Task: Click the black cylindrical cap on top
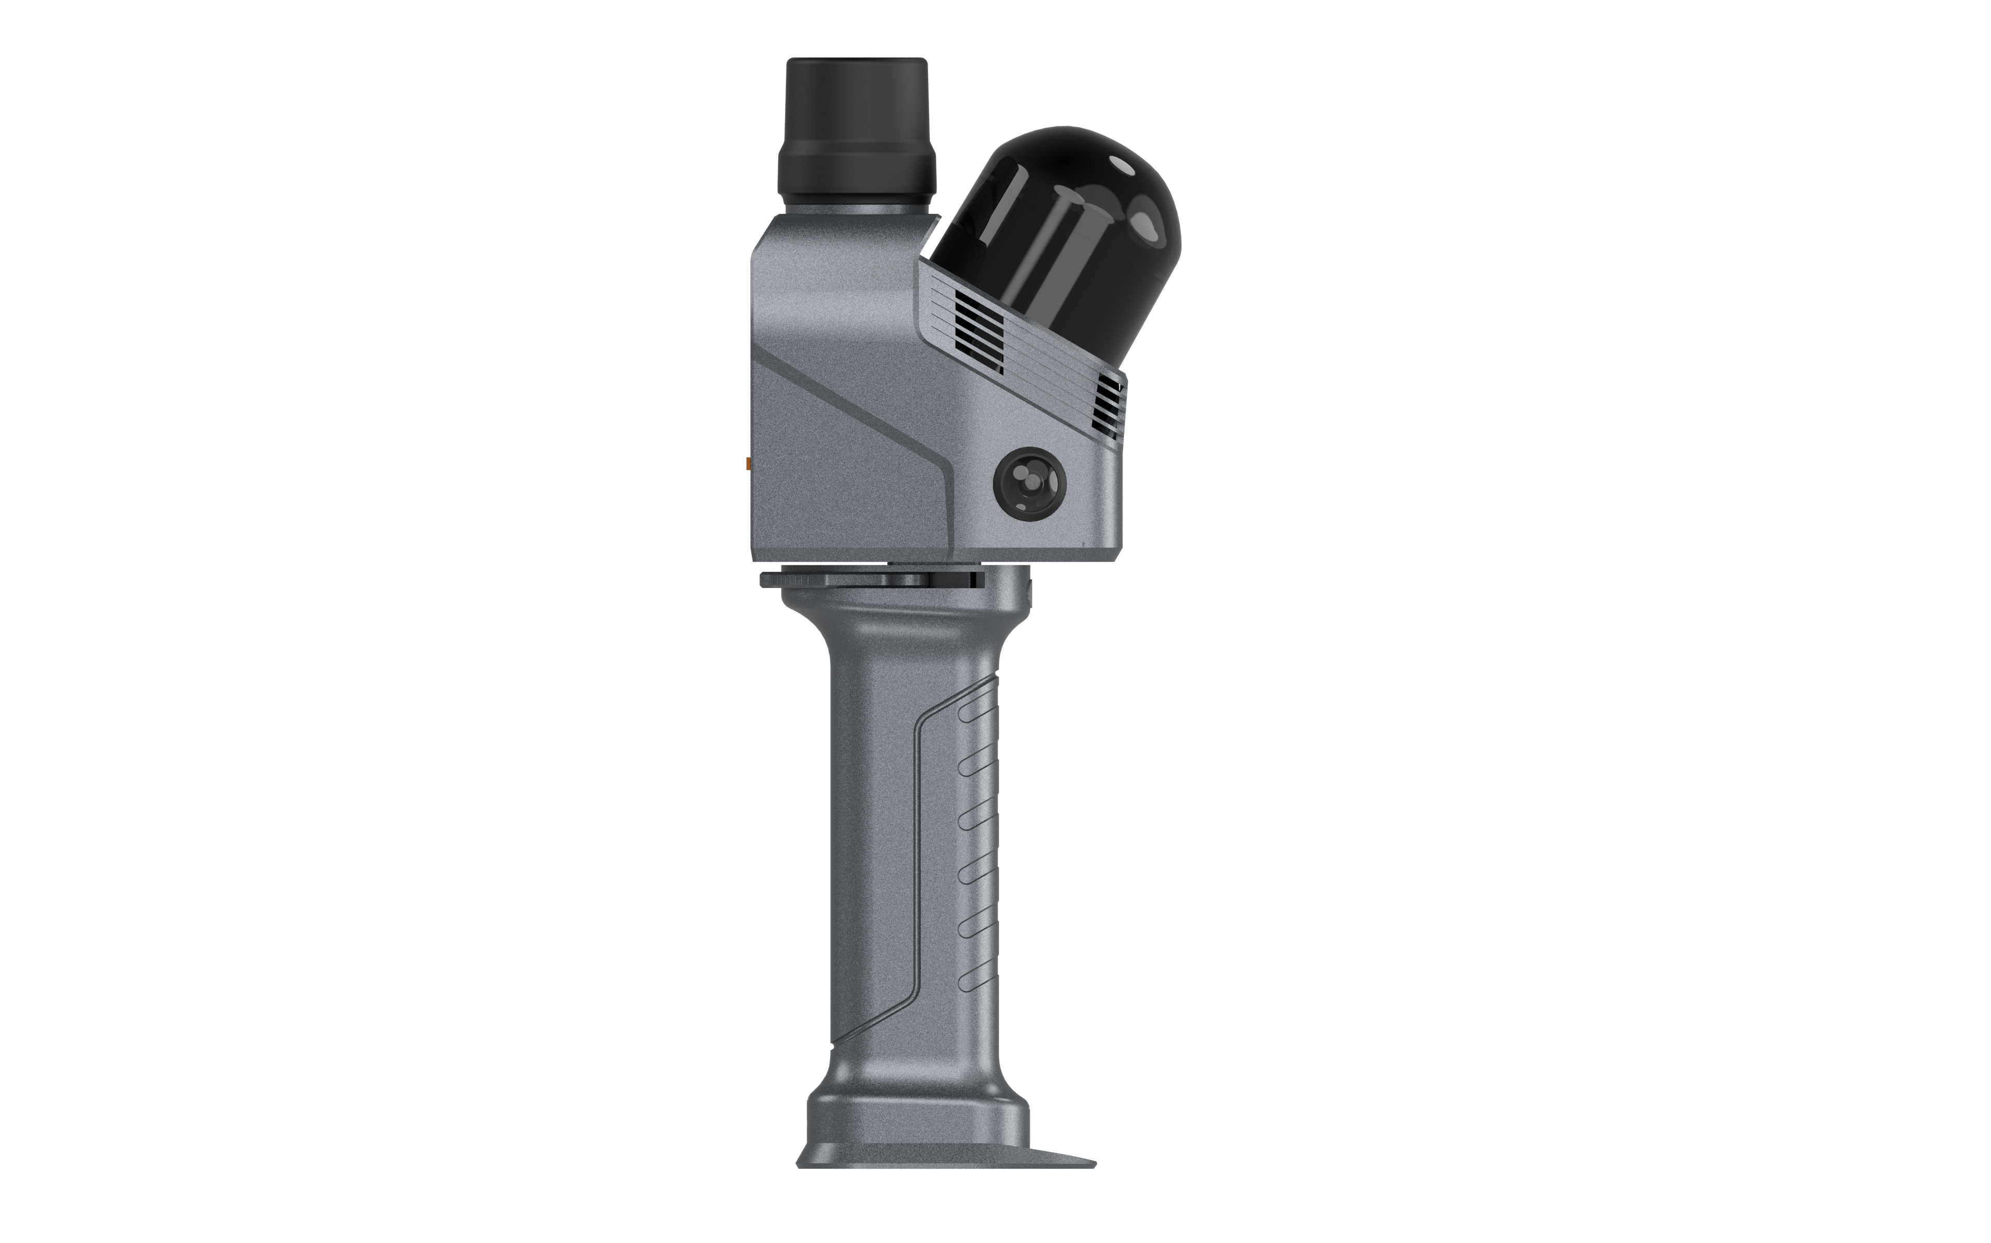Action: pyautogui.click(x=856, y=107)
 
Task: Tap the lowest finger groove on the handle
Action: pyautogui.click(x=978, y=975)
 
